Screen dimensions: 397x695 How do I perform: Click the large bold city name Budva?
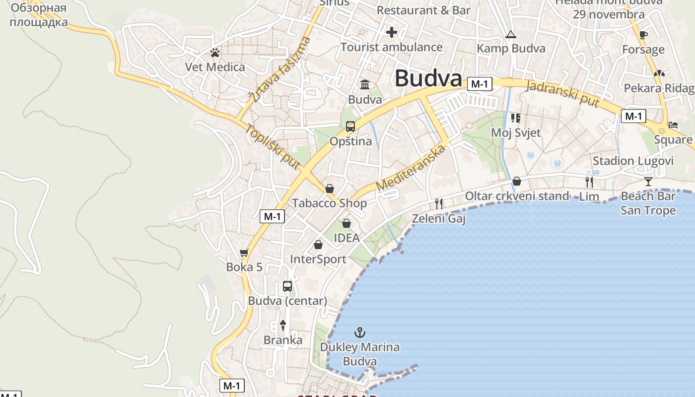point(428,78)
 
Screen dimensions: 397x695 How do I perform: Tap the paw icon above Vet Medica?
point(215,52)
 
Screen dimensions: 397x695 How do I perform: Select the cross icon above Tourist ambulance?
point(392,33)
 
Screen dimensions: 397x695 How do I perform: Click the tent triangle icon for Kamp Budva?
point(510,35)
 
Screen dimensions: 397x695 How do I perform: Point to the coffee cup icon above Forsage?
point(643,35)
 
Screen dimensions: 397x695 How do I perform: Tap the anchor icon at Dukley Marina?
point(359,332)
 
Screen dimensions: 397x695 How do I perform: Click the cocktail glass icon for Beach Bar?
point(648,181)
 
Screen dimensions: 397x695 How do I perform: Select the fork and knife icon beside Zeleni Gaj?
point(438,203)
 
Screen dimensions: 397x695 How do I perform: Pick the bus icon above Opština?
point(350,127)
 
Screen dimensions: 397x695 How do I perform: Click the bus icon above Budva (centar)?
point(287,286)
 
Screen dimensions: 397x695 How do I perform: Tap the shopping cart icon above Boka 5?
point(244,253)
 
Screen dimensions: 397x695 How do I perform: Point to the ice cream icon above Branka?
point(283,325)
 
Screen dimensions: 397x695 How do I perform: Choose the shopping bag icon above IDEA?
point(347,223)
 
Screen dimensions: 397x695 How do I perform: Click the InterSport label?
point(318,259)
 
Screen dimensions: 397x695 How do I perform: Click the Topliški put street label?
point(273,147)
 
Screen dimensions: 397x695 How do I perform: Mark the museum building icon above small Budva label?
point(365,84)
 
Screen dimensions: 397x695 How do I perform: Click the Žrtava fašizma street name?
point(280,69)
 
